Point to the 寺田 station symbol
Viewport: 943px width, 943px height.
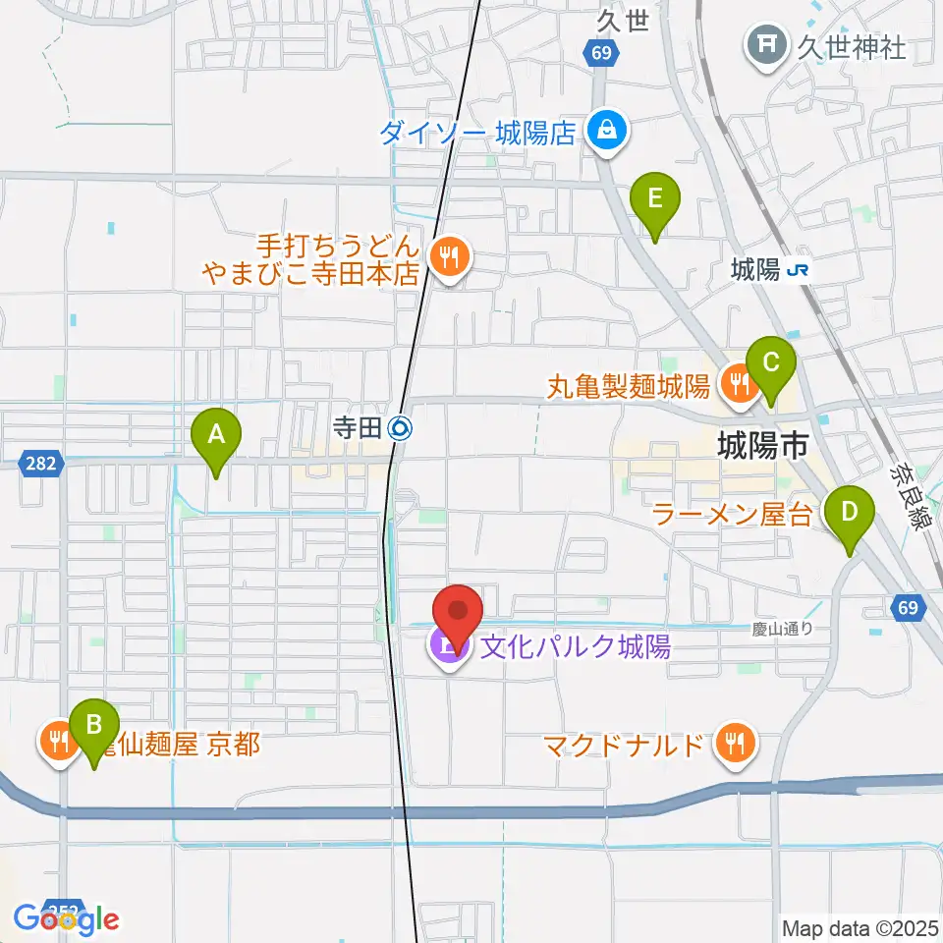tap(399, 427)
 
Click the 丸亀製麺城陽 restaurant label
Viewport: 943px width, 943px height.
tap(629, 385)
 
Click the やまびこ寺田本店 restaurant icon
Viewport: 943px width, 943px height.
tap(451, 258)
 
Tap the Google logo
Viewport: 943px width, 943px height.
tap(67, 919)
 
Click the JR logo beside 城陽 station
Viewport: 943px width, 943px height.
tap(802, 269)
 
